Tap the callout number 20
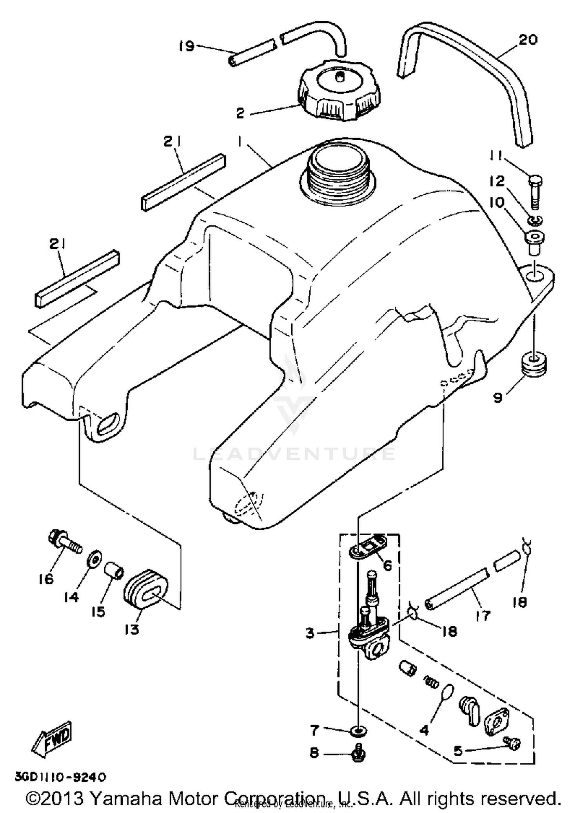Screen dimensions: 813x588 click(528, 40)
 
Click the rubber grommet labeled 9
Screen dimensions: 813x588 click(534, 364)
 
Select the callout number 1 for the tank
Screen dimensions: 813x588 click(239, 143)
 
